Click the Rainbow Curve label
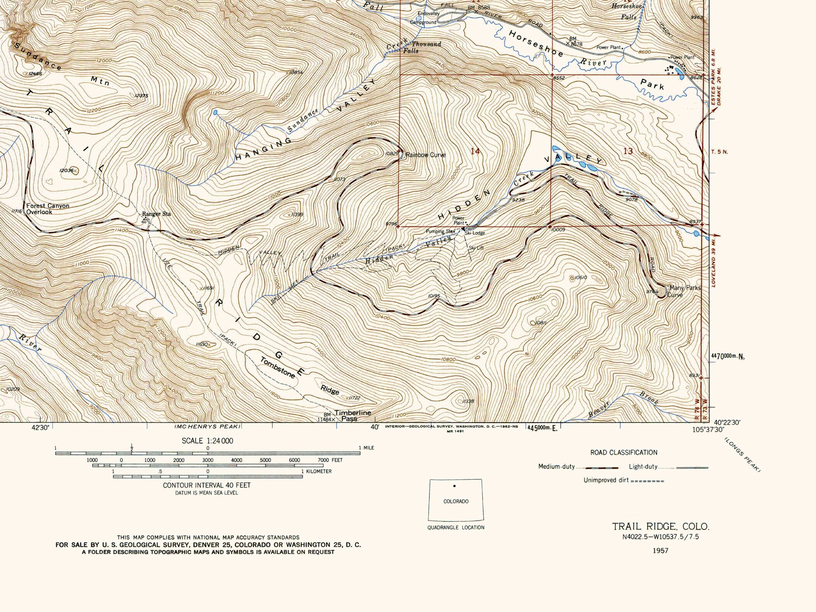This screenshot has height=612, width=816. point(425,155)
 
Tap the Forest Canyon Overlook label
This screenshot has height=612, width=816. point(47,209)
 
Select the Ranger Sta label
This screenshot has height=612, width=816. point(156,214)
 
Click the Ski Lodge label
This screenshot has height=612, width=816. point(475,233)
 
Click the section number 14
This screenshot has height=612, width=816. point(475,151)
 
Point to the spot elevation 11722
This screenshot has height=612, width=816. point(354,398)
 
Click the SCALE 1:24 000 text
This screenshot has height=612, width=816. point(207,441)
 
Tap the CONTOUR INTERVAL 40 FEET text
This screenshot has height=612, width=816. point(207,485)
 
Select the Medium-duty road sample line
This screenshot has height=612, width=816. point(602,468)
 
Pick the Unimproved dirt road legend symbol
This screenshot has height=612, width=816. point(647,481)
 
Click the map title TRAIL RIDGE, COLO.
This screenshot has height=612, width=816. point(661,527)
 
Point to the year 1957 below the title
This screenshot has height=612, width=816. point(660,550)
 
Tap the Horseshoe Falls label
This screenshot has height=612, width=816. point(627,12)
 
